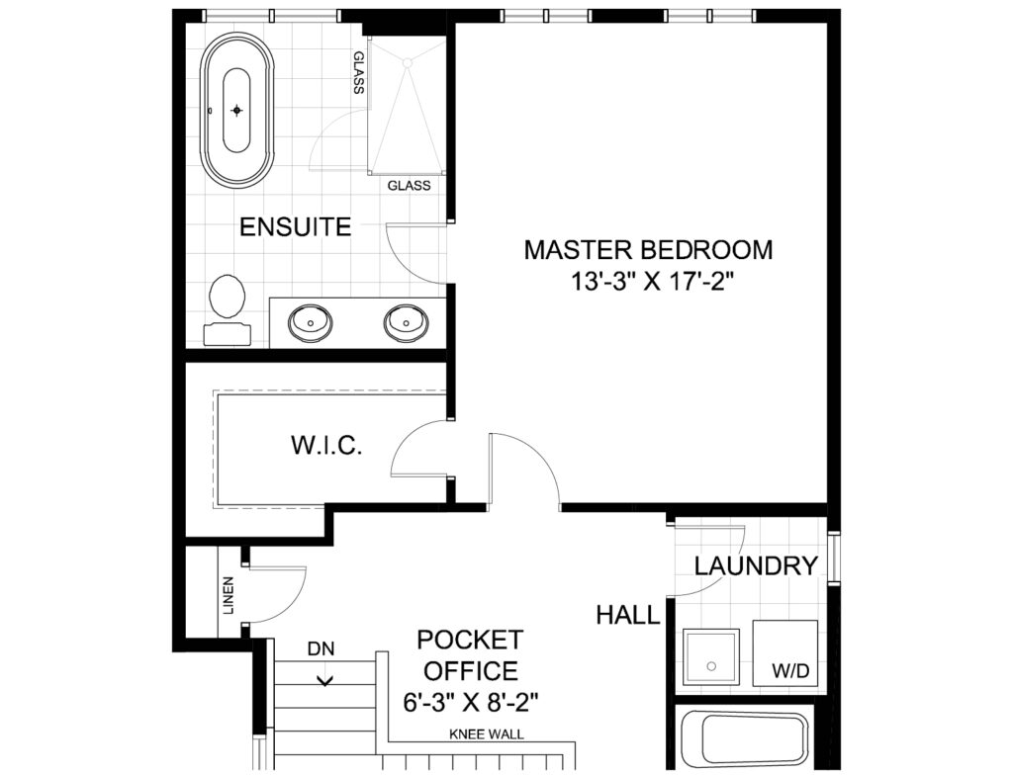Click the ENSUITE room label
coord(295,226)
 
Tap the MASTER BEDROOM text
coord(648,250)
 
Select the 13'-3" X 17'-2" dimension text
coord(653,282)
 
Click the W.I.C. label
coord(325,445)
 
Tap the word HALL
coord(628,615)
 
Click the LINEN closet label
coord(228,595)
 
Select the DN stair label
coord(322,648)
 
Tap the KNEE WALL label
coord(487,734)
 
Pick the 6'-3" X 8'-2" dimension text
coord(471,702)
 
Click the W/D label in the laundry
coord(790,671)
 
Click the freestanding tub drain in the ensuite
coord(237,111)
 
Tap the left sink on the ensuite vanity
coord(310,321)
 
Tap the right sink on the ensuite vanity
coord(407,321)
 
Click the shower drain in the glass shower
coord(407,62)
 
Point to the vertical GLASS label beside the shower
coord(358,72)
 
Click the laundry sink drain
coord(712,665)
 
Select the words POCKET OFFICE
coord(470,655)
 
